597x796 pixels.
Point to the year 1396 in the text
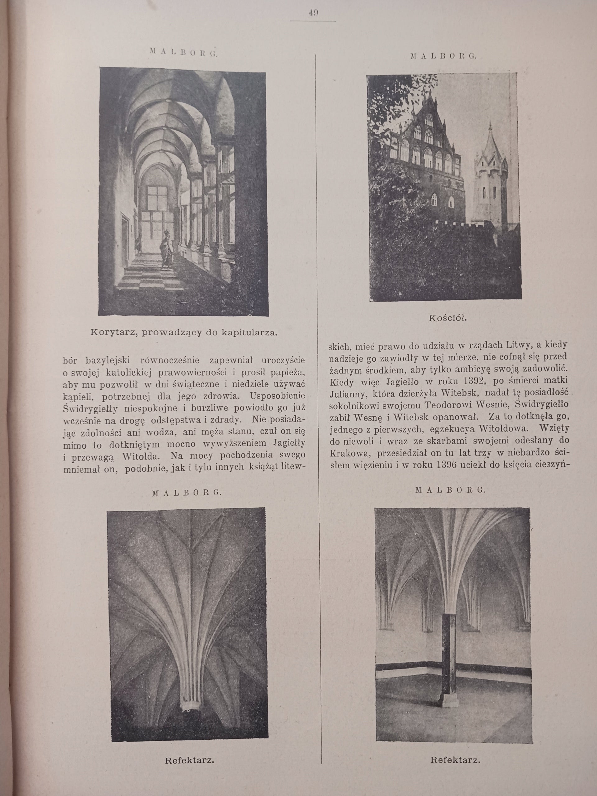(x=451, y=465)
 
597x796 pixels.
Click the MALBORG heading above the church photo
(x=443, y=56)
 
